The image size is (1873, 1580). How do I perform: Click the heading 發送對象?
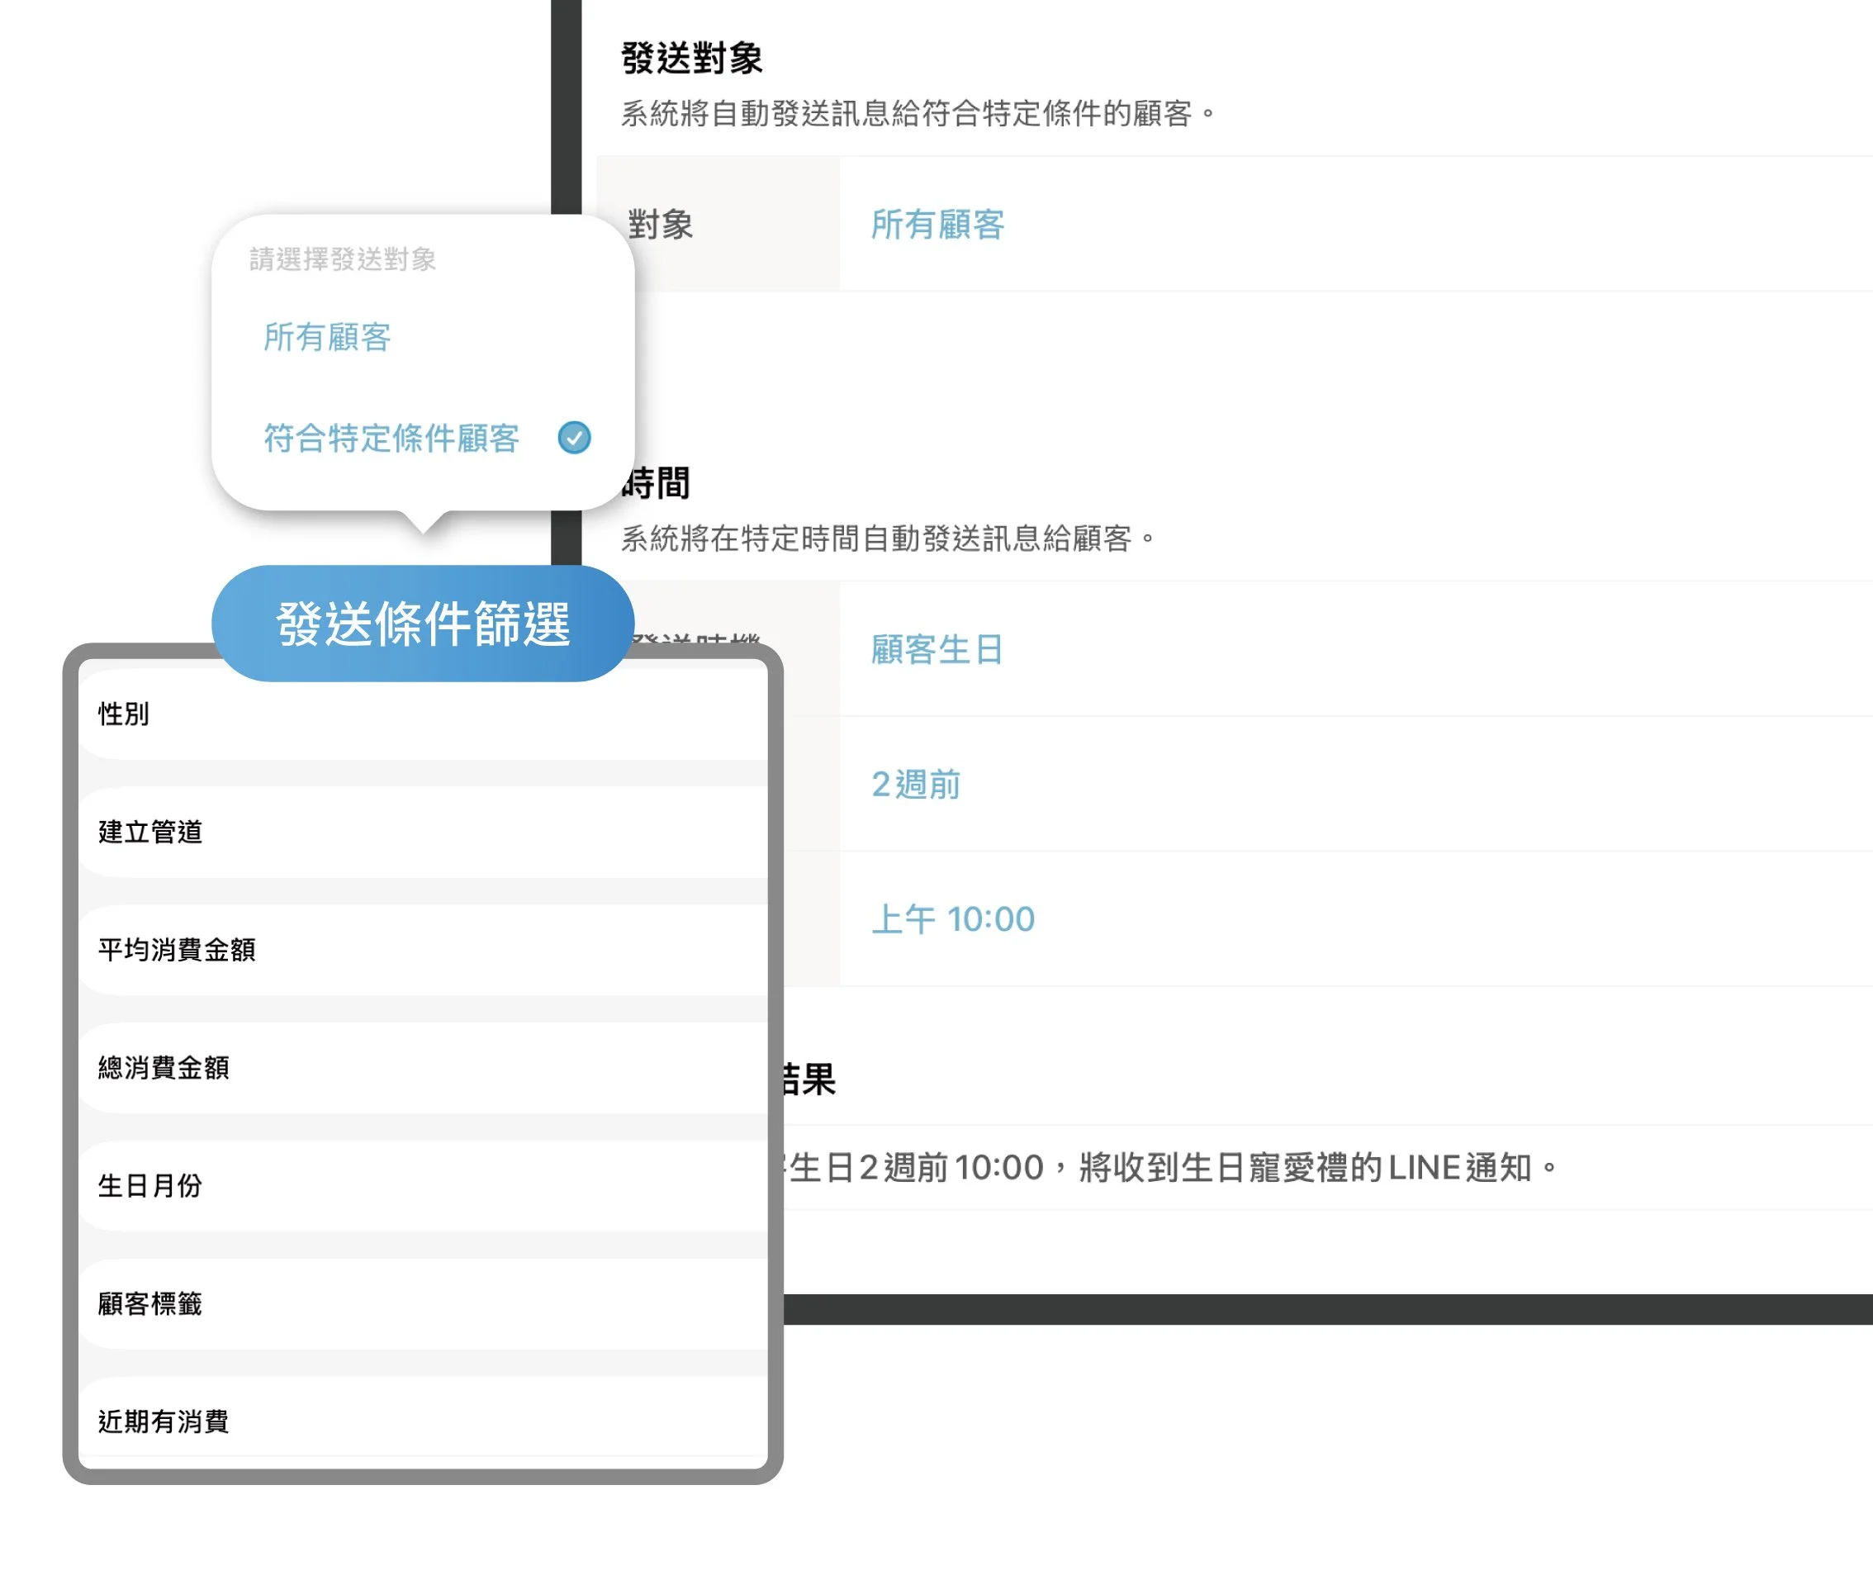click(x=690, y=58)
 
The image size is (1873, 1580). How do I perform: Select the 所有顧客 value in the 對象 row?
click(x=937, y=224)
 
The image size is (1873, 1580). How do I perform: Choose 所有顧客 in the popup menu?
click(x=327, y=338)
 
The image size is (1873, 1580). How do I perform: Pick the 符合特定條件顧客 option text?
click(x=391, y=438)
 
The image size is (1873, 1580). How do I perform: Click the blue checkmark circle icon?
click(x=574, y=438)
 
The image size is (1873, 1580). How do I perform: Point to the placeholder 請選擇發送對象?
click(x=342, y=259)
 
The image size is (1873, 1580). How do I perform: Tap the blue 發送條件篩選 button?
click(x=423, y=624)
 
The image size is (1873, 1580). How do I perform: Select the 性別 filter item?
click(x=124, y=714)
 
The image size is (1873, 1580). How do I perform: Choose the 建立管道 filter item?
click(x=149, y=832)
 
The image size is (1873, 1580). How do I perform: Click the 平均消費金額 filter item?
click(x=177, y=950)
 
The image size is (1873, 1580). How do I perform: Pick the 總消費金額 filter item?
click(x=163, y=1068)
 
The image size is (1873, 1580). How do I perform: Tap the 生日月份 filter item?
click(x=149, y=1186)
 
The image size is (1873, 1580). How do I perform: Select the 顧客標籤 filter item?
click(x=149, y=1303)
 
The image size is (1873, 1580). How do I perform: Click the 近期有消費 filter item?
click(x=163, y=1421)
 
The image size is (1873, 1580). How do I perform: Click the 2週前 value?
click(x=916, y=785)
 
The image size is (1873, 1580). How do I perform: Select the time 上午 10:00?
click(x=952, y=919)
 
